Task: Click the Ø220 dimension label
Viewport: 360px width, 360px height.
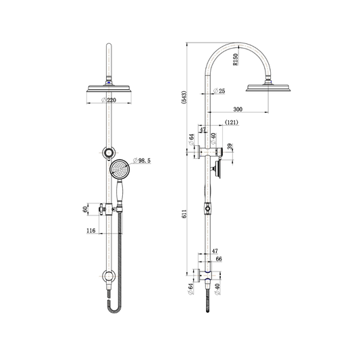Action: pyautogui.click(x=109, y=100)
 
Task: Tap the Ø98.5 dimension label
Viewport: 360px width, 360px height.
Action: pyautogui.click(x=142, y=161)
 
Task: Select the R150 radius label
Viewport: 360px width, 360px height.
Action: pyautogui.click(x=236, y=59)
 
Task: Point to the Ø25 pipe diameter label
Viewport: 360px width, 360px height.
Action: pyautogui.click(x=220, y=91)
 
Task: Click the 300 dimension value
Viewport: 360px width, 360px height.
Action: pyautogui.click(x=238, y=109)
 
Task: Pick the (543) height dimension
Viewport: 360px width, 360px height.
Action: pyautogui.click(x=184, y=97)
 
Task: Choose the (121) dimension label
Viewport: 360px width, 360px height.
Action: pyautogui.click(x=231, y=122)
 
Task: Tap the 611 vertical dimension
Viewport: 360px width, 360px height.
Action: pyautogui.click(x=184, y=213)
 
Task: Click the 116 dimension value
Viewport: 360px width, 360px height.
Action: pyautogui.click(x=91, y=230)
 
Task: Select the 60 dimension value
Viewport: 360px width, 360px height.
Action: pyautogui.click(x=85, y=209)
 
